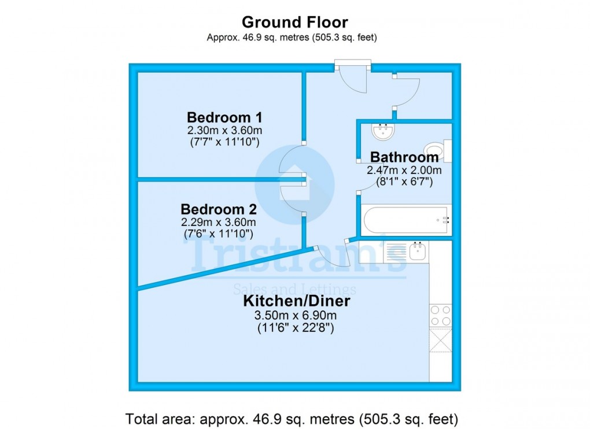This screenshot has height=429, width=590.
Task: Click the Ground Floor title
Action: tap(294, 23)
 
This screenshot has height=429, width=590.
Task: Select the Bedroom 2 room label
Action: tap(219, 209)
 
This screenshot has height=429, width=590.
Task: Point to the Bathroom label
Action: tap(404, 157)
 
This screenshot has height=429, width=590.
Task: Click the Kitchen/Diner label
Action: tap(296, 301)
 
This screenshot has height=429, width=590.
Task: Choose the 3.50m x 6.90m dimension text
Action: tap(296, 316)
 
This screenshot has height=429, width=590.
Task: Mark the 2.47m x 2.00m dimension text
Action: tap(404, 171)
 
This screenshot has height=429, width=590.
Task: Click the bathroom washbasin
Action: tap(382, 132)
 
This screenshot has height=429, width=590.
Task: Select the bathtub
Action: tap(405, 220)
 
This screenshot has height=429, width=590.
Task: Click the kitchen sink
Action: tap(417, 251)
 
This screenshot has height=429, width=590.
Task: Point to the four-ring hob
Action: tap(440, 316)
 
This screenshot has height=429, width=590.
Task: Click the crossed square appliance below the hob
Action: tap(440, 340)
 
